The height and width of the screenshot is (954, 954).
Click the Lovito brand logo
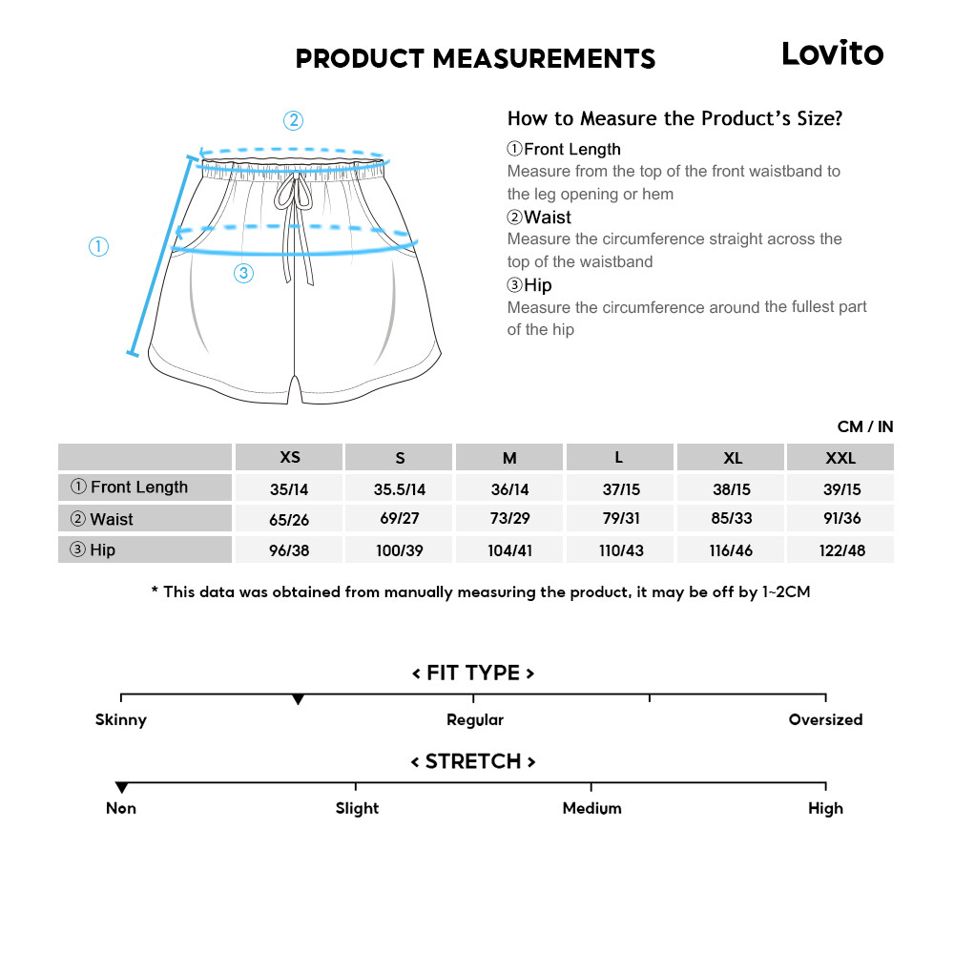tap(832, 53)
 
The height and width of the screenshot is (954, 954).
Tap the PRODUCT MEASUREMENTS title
tap(475, 59)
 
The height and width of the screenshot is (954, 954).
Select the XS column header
tap(290, 457)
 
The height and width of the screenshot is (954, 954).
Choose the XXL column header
tap(840, 458)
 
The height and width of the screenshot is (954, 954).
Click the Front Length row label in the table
tap(139, 487)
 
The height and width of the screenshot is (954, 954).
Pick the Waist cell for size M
tap(510, 519)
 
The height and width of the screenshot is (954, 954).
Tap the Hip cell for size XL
tap(731, 550)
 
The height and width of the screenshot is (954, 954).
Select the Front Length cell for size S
tap(400, 489)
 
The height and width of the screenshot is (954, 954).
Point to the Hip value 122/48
tap(840, 550)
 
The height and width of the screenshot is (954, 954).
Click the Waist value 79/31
tap(621, 519)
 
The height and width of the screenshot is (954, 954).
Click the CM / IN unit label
tap(865, 426)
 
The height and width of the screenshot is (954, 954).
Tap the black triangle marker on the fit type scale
tap(298, 700)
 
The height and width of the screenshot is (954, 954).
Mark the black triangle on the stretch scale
tap(121, 788)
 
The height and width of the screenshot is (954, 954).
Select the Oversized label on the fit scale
tap(825, 720)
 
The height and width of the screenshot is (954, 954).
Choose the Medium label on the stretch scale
tap(591, 809)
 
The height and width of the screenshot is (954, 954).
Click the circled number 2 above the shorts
tap(294, 121)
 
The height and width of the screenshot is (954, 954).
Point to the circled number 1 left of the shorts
tap(98, 247)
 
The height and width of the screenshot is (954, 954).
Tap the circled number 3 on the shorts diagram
tap(243, 274)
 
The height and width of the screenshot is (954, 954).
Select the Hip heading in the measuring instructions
tap(529, 285)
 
